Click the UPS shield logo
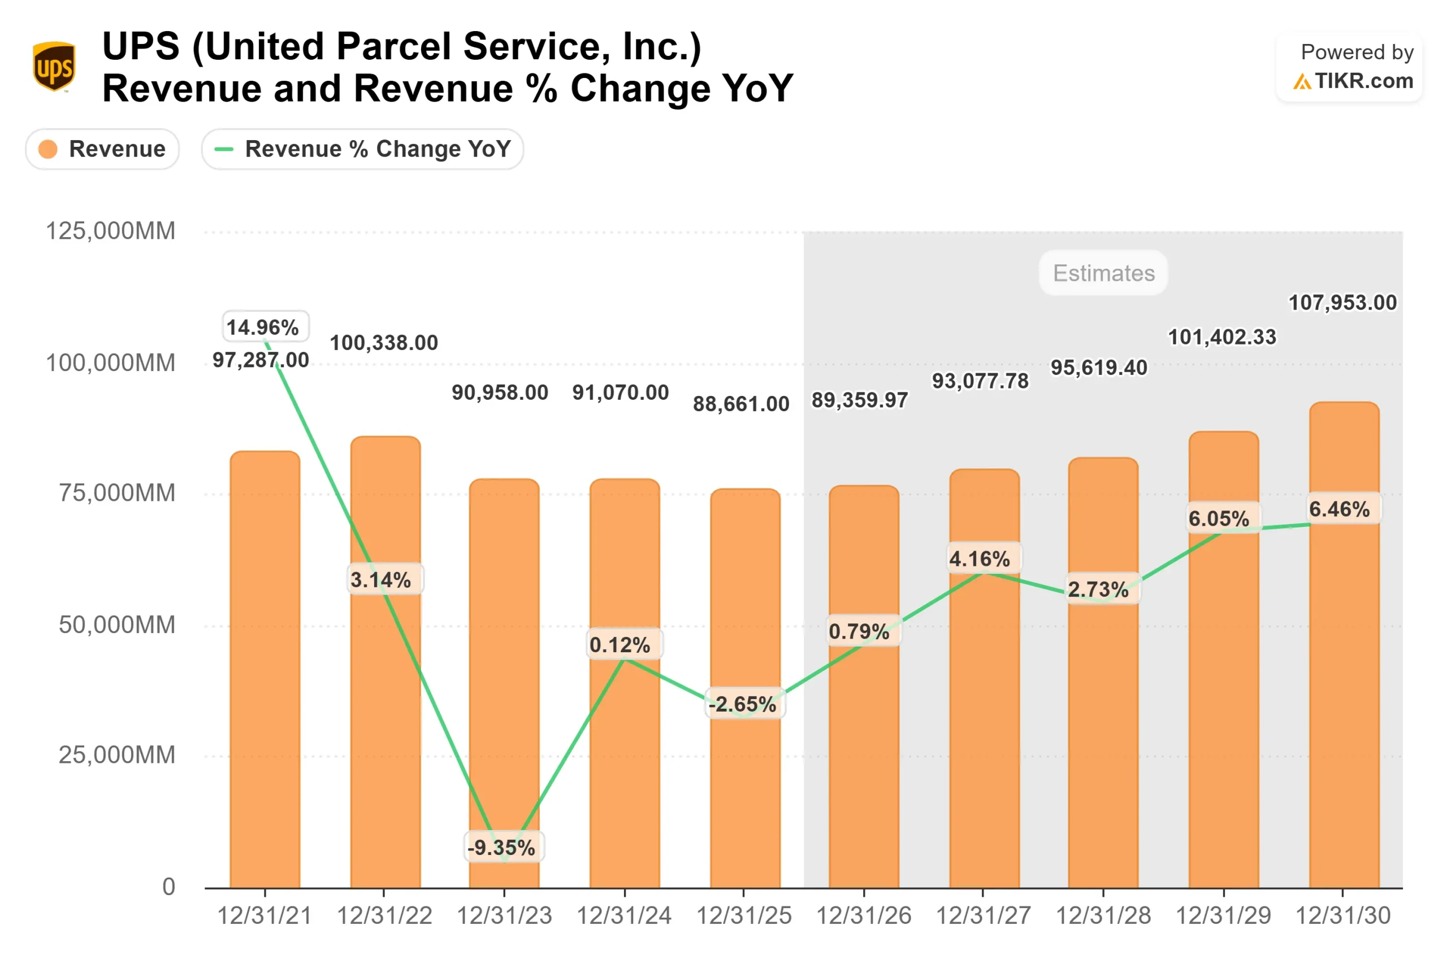pos(54,67)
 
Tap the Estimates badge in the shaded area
pos(1103,273)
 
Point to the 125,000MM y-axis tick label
pos(111,231)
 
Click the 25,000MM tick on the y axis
pos(116,755)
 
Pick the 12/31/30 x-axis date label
pos(1342,916)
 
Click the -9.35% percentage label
pos(501,848)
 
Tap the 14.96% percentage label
pos(263,327)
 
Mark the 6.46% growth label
pos(1340,509)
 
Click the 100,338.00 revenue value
pos(384,342)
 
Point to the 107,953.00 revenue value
pos(1342,303)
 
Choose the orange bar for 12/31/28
pos(1103,738)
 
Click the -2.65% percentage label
pos(743,704)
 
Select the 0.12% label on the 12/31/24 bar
pos(620,645)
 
